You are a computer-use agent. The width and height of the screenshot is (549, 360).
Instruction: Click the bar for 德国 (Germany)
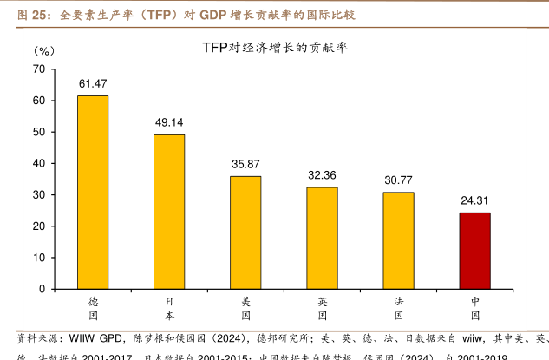click(x=93, y=192)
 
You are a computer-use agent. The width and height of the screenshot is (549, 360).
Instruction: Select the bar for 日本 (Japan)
click(x=169, y=211)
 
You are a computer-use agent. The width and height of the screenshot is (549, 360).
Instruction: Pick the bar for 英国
click(x=322, y=237)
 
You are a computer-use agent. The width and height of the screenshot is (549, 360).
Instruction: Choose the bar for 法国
click(x=398, y=239)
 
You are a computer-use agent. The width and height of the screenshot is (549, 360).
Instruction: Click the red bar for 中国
click(x=474, y=250)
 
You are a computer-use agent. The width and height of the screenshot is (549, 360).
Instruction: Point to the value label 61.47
click(x=93, y=84)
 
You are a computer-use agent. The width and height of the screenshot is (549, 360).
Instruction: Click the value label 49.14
click(x=169, y=122)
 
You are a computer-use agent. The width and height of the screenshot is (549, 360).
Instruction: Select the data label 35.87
click(x=245, y=164)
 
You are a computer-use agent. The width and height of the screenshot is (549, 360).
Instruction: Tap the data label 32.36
click(x=322, y=175)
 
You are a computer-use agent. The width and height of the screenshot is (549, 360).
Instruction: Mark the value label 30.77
click(x=398, y=180)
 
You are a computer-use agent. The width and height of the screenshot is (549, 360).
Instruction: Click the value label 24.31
click(x=474, y=200)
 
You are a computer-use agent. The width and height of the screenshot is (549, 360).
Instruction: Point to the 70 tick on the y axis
click(x=38, y=69)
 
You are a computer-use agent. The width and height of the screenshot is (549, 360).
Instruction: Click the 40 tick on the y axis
click(x=38, y=163)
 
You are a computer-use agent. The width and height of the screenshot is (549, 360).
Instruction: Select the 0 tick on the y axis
click(x=42, y=288)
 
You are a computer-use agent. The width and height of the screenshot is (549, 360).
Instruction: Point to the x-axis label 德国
click(x=93, y=309)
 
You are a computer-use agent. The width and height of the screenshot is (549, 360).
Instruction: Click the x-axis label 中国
click(x=474, y=309)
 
